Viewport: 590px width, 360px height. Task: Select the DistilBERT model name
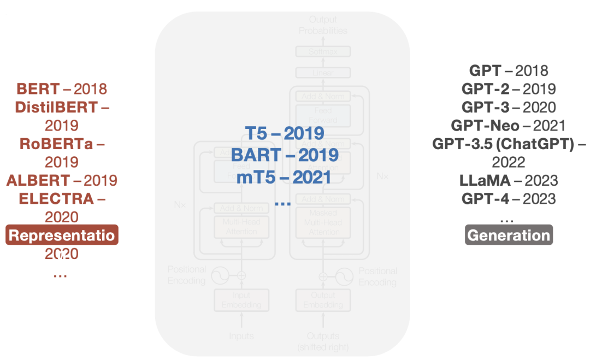coord(56,107)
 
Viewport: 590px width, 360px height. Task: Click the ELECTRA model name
coord(56,199)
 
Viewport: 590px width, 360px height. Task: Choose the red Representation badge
coord(62,235)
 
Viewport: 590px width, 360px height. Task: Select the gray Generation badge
coord(509,235)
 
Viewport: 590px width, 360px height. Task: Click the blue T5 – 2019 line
coord(284,133)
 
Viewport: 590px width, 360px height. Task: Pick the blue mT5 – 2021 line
coord(284,177)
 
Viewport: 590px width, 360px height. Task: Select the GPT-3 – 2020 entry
coord(509,107)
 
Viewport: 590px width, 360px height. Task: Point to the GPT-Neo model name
coord(484,126)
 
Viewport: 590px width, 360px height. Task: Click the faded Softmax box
coord(323,52)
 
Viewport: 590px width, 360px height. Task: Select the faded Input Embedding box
coord(241,300)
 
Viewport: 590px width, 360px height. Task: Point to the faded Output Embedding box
coord(323,300)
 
